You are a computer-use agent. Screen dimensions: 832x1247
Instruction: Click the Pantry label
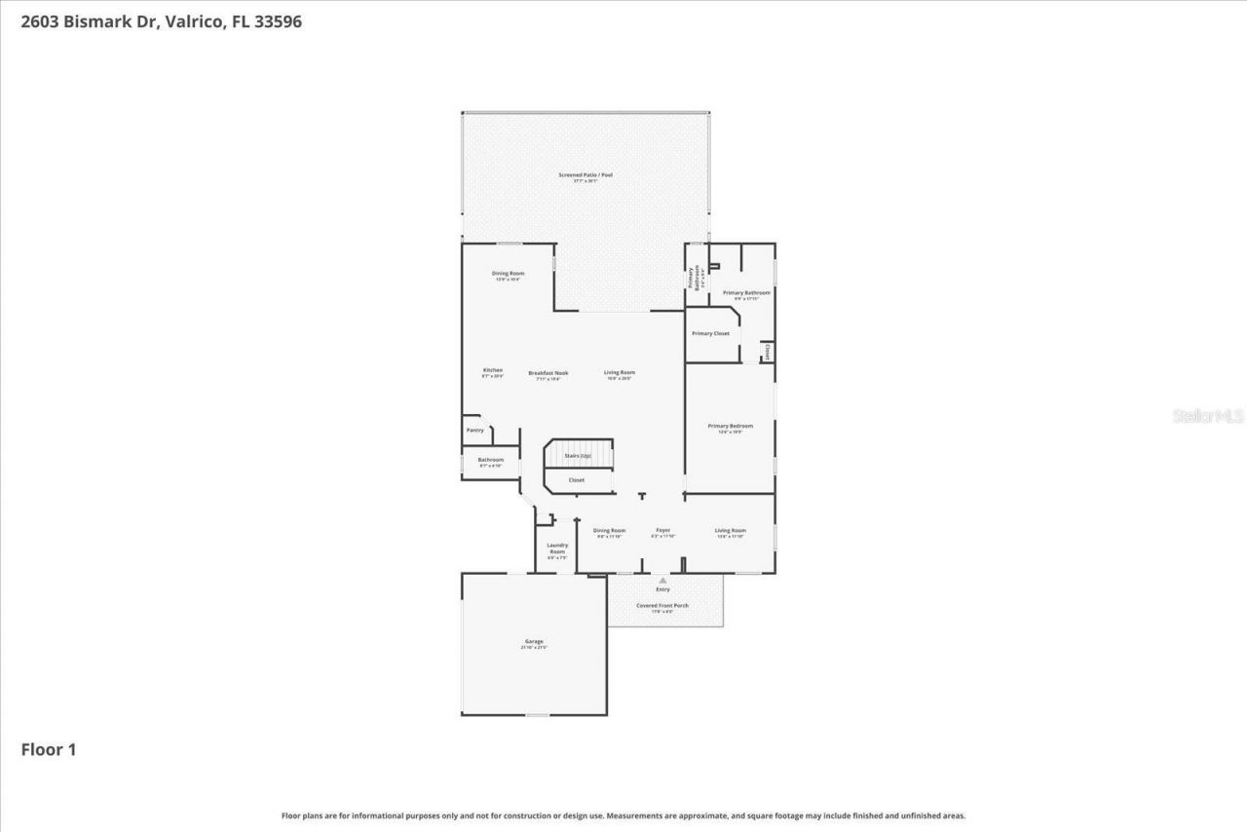point(474,430)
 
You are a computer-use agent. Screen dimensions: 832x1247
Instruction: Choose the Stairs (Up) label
point(578,456)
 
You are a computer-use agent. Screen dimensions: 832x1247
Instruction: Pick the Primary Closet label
point(710,333)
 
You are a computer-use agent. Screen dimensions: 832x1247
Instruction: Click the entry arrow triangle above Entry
point(662,581)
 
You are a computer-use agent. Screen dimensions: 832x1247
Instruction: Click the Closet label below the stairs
point(577,479)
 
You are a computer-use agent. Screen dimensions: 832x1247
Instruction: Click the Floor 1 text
point(49,749)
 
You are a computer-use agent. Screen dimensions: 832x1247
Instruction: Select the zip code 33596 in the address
point(279,21)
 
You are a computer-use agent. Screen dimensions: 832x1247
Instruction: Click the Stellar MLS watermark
point(1207,416)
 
